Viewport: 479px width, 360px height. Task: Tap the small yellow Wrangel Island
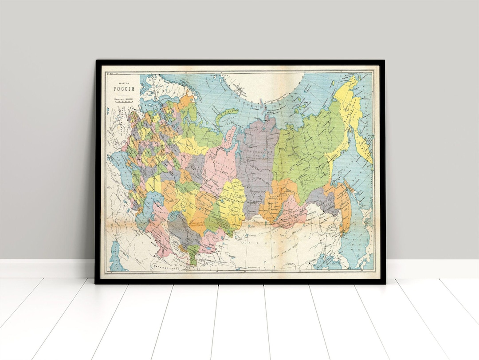click(x=353, y=82)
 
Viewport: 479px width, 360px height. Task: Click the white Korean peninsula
click(x=342, y=257)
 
